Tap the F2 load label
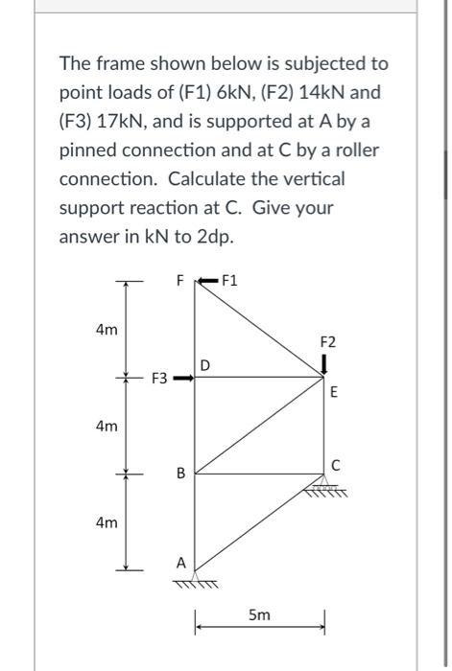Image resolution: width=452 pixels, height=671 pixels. point(327,341)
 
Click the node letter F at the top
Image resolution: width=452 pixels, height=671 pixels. point(178,281)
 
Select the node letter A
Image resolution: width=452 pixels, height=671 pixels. point(179,564)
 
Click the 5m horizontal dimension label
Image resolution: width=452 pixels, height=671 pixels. point(259,620)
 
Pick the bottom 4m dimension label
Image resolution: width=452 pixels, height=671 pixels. point(107,522)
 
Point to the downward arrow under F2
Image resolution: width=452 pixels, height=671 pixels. point(324,364)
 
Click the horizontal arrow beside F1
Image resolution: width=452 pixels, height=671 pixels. point(206,281)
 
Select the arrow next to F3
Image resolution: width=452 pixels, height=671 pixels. point(184,379)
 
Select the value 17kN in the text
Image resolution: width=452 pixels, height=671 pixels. point(131,123)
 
